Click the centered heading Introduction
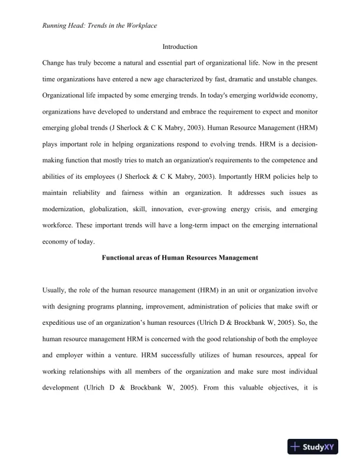179,46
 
